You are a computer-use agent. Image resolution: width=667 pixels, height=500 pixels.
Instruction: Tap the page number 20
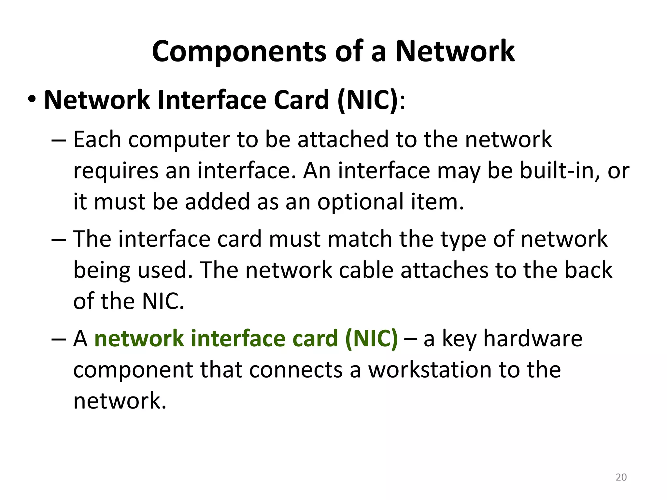(x=621, y=477)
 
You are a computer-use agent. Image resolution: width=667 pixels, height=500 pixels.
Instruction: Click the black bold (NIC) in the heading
(x=368, y=100)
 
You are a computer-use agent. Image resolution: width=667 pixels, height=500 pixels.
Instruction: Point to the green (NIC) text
(x=371, y=339)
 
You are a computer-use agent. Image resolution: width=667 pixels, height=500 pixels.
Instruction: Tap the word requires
(x=116, y=171)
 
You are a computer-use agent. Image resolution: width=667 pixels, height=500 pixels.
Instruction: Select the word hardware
(x=533, y=339)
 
